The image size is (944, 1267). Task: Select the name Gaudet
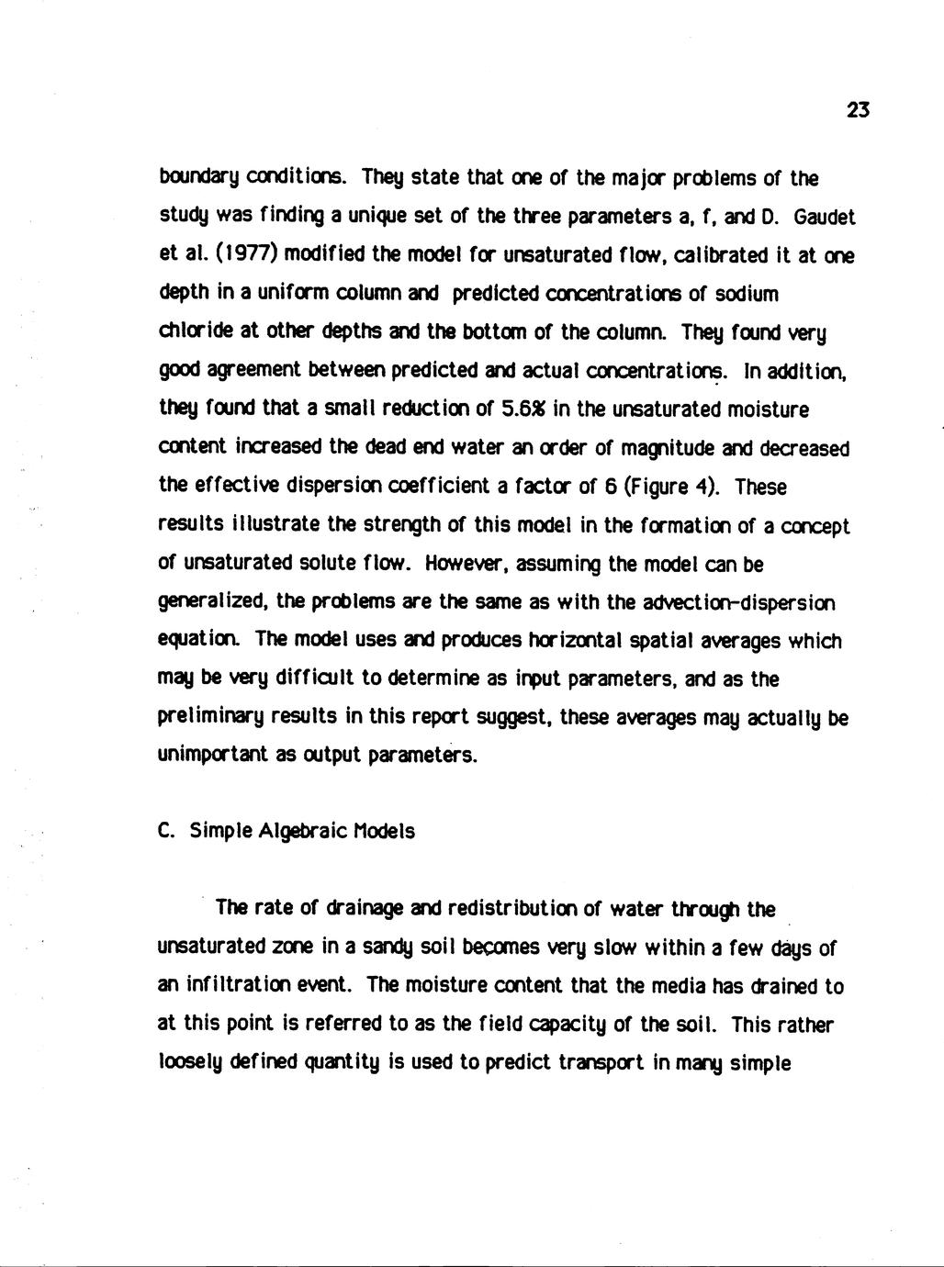click(x=824, y=218)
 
